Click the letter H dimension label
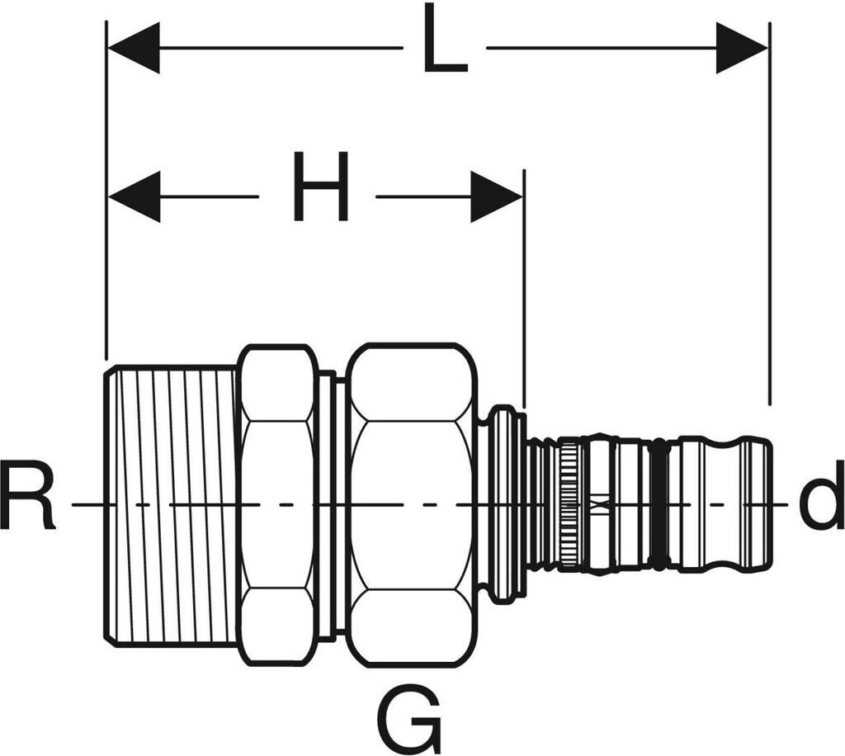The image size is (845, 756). (x=320, y=188)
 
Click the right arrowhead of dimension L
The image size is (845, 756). (x=742, y=48)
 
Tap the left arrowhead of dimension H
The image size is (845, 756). (x=135, y=197)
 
